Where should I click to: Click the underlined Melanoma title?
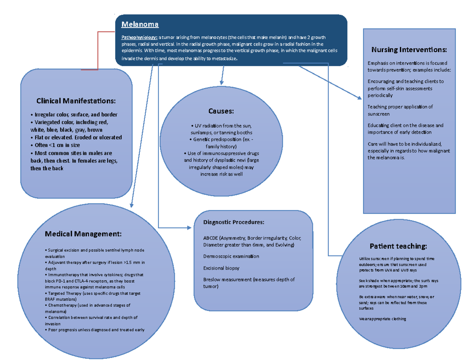coord(140,24)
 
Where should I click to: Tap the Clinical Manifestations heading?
coord(76,101)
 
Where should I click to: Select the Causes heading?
coord(221,111)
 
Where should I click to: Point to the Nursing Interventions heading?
coord(409,50)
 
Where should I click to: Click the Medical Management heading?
coord(83,234)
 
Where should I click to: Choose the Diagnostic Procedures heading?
coord(234,223)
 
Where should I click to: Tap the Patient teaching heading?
coord(398,246)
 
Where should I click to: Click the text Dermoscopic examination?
coord(231,256)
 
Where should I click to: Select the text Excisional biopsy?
coord(221,268)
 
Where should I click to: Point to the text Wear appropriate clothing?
coord(383,319)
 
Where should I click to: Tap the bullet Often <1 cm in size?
coord(55,145)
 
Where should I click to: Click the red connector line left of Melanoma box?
coord(98,50)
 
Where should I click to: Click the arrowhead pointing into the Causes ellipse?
coord(221,82)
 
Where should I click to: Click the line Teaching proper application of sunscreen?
coord(400,110)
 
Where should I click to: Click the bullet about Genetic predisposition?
coord(221,143)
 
